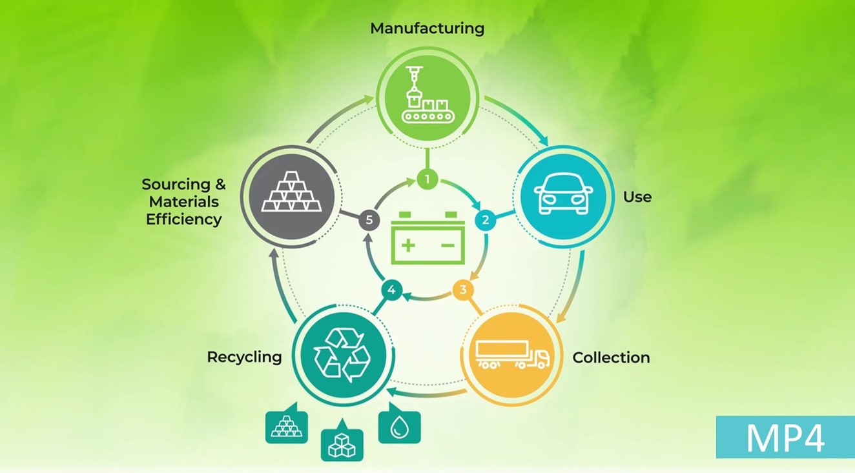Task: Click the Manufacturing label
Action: [x=427, y=28]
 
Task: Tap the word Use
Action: [x=637, y=197]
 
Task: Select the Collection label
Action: [x=611, y=357]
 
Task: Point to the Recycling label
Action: [x=244, y=357]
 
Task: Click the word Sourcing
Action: [x=176, y=185]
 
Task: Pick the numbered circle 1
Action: [x=427, y=179]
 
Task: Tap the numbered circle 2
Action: [x=485, y=220]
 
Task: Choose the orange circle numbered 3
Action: [x=462, y=289]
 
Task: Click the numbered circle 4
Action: [x=391, y=290]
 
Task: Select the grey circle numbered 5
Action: [x=369, y=220]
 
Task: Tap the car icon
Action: [x=564, y=195]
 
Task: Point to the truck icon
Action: [x=511, y=354]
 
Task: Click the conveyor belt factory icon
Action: [x=427, y=99]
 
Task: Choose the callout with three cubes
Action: [x=342, y=444]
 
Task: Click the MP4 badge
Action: [x=785, y=438]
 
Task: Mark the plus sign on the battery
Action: [x=408, y=246]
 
